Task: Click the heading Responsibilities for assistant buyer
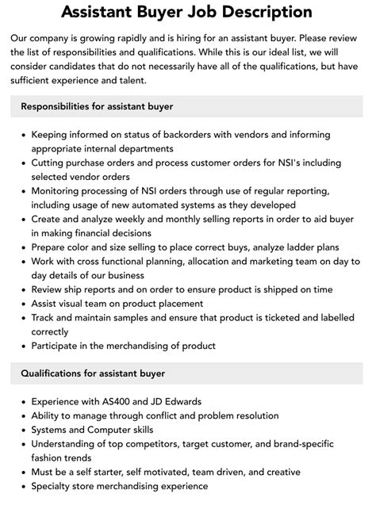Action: coord(97,106)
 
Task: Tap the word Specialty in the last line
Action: coord(56,486)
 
